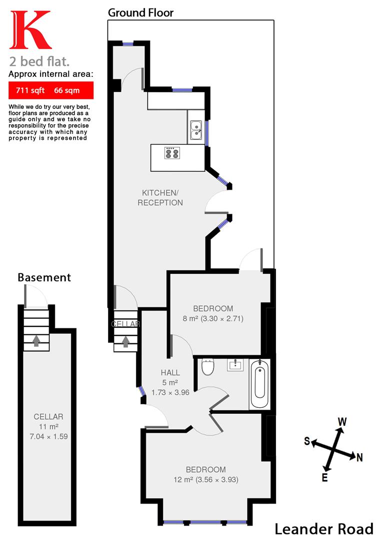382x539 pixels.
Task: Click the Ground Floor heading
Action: pyautogui.click(x=140, y=12)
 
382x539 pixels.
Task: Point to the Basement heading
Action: pyautogui.click(x=44, y=277)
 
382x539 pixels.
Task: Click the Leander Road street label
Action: pyautogui.click(x=324, y=529)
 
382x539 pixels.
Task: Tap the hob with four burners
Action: pyautogui.click(x=172, y=153)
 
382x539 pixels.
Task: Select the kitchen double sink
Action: pyautogui.click(x=195, y=131)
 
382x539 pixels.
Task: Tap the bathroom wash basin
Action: pyautogui.click(x=234, y=365)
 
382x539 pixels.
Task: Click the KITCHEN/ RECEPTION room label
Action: pyautogui.click(x=160, y=198)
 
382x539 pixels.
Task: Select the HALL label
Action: pyautogui.click(x=170, y=372)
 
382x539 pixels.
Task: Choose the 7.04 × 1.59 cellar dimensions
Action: pyautogui.click(x=48, y=436)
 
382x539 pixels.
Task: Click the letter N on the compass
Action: pyautogui.click(x=359, y=457)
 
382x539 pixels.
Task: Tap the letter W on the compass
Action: pyautogui.click(x=342, y=422)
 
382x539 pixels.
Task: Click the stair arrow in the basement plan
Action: pyautogui.click(x=36, y=341)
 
